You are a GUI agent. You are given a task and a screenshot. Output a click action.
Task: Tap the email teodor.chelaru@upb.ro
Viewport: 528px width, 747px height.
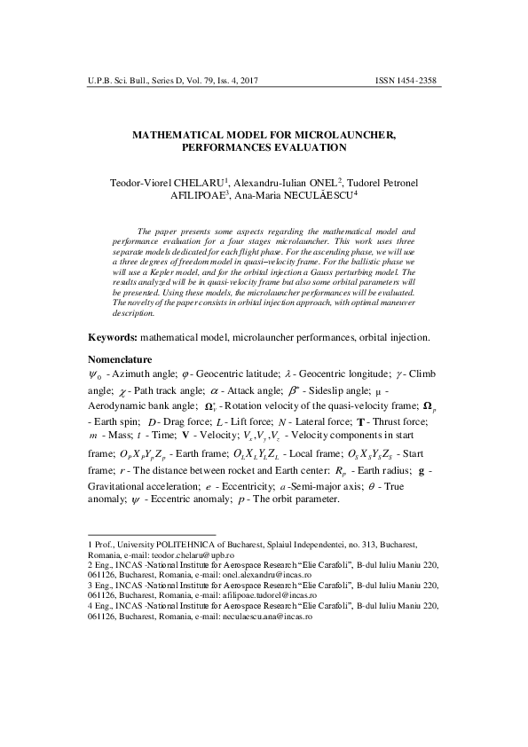point(193,551)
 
